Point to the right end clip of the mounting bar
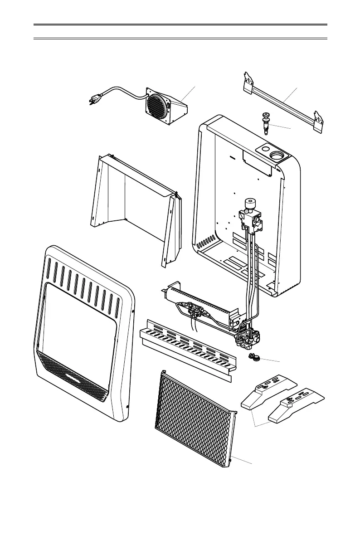click(x=320, y=121)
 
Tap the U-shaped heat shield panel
click(x=136, y=199)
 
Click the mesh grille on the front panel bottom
click(x=75, y=376)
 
